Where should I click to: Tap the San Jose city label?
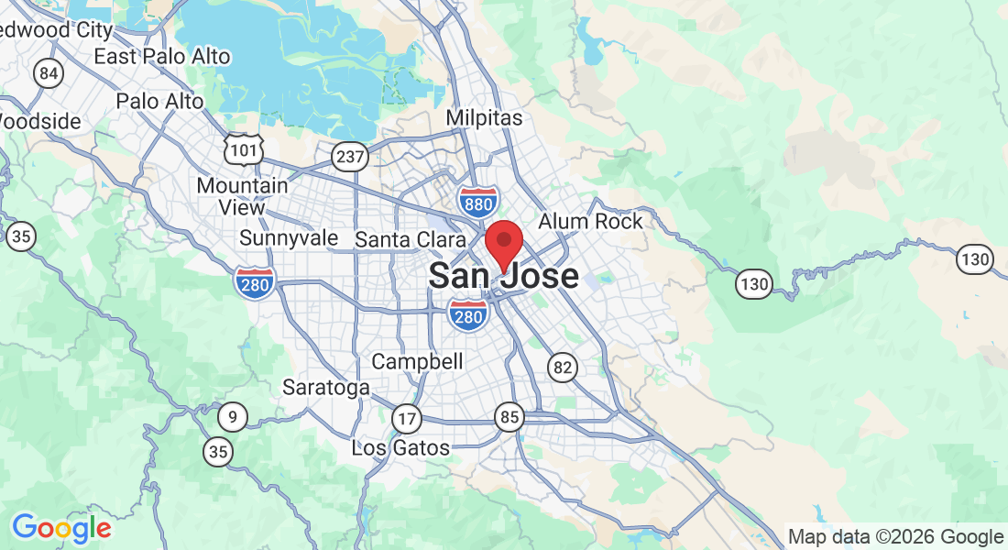point(504,276)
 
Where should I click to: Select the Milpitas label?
point(484,118)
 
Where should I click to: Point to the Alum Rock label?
point(590,221)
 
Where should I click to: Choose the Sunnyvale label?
point(289,238)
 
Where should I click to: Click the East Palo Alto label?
point(162,56)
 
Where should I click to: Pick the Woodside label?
point(40,121)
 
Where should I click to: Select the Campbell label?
point(417,361)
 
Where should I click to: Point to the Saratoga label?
point(325,387)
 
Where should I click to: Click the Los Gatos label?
point(400,448)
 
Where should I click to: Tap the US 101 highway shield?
point(245,148)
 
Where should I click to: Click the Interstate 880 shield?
point(478,201)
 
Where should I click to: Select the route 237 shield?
point(350,157)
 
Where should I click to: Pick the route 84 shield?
point(49,72)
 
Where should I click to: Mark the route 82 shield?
point(563,368)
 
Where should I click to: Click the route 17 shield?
point(406,419)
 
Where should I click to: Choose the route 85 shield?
point(509,418)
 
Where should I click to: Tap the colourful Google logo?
point(61,528)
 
